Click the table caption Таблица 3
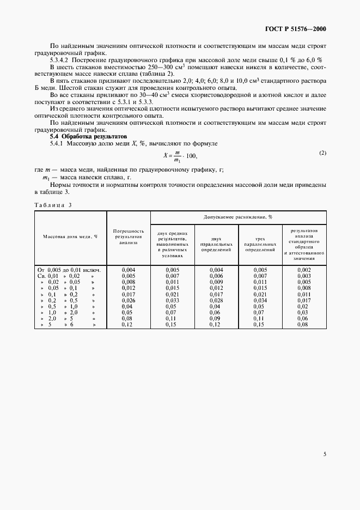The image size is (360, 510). click(x=53, y=205)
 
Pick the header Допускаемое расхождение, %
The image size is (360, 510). click(x=238, y=217)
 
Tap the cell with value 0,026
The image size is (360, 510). click(x=128, y=300)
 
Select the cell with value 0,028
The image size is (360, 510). click(x=216, y=300)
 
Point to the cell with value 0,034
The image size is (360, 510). click(x=260, y=300)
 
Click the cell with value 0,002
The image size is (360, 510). click(x=304, y=270)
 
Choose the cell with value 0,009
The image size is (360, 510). click(x=216, y=282)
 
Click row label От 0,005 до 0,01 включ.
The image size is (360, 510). click(x=69, y=270)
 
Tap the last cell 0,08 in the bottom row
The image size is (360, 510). click(x=304, y=325)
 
